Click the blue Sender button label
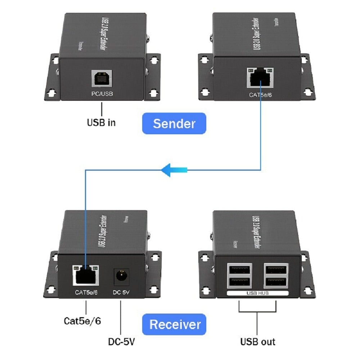click(174, 123)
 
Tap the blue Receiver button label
click(175, 324)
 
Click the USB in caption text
click(102, 122)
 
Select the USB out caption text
click(258, 341)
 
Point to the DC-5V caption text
click(121, 341)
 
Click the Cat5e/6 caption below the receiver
click(82, 320)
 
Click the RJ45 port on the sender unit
click(260, 77)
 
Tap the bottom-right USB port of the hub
click(276, 282)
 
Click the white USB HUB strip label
click(258, 293)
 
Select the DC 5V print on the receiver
click(121, 292)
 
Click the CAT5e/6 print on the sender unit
click(260, 95)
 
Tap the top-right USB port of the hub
click(276, 269)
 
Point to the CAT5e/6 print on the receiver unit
click(86, 292)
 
